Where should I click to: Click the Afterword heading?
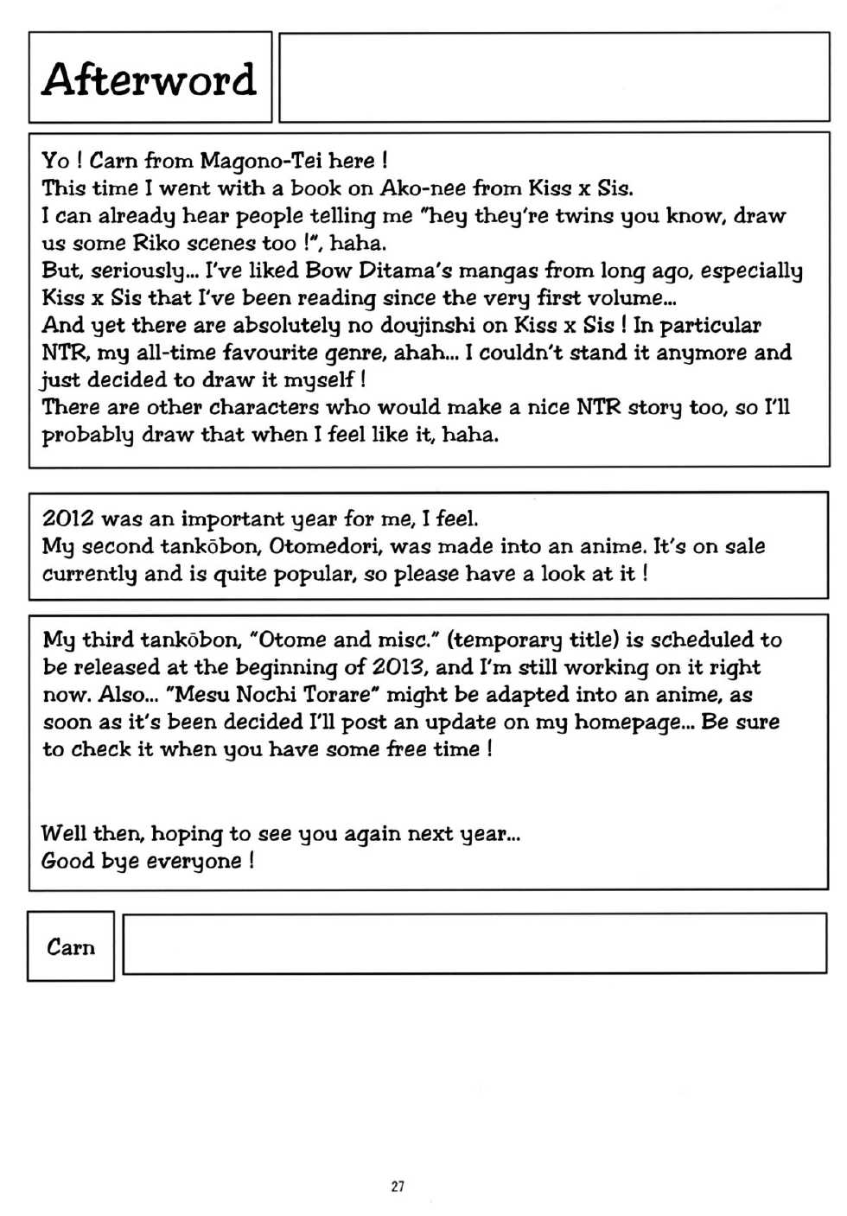pyautogui.click(x=149, y=80)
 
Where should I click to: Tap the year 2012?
pyautogui.click(x=68, y=519)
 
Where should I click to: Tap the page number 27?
pyautogui.click(x=398, y=1186)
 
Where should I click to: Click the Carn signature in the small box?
pyautogui.click(x=71, y=947)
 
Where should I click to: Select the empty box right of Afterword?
pyautogui.click(x=554, y=78)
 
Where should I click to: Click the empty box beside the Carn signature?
pyautogui.click(x=474, y=944)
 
